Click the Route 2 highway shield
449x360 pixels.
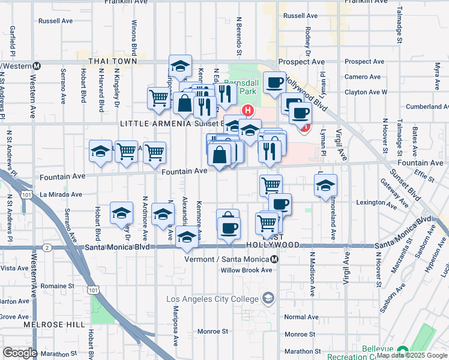tap(46, 247)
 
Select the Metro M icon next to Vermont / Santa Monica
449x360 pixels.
tap(274, 259)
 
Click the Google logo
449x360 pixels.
tap(20, 353)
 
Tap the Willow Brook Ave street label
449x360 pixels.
tap(246, 270)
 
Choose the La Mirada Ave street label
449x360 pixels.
tap(61, 194)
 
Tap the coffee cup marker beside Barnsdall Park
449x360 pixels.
tap(274, 82)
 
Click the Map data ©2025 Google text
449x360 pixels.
tap(411, 356)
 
